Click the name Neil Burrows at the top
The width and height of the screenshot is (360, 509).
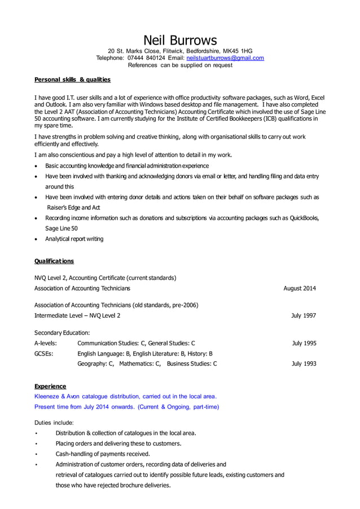tap(180, 40)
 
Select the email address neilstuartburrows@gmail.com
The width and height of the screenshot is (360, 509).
tap(225, 58)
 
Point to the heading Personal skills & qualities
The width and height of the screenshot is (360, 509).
tap(72, 80)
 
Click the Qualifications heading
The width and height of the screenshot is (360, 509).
tap(54, 261)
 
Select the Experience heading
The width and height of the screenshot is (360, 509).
tap(50, 387)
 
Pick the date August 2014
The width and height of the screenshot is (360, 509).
tap(299, 288)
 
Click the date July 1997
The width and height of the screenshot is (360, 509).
tap(303, 315)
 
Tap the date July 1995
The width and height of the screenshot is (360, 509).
tap(304, 343)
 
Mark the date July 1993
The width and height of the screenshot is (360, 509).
tap(304, 364)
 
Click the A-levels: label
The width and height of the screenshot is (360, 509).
tap(46, 343)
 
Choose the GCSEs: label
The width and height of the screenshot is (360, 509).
tap(44, 353)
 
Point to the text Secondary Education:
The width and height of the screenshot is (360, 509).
tap(62, 332)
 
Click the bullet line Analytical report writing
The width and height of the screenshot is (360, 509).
tap(74, 239)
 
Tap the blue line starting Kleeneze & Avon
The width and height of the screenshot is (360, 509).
tap(125, 396)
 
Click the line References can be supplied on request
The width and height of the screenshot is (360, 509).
tap(180, 65)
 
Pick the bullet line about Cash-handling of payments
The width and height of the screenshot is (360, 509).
tap(102, 454)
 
